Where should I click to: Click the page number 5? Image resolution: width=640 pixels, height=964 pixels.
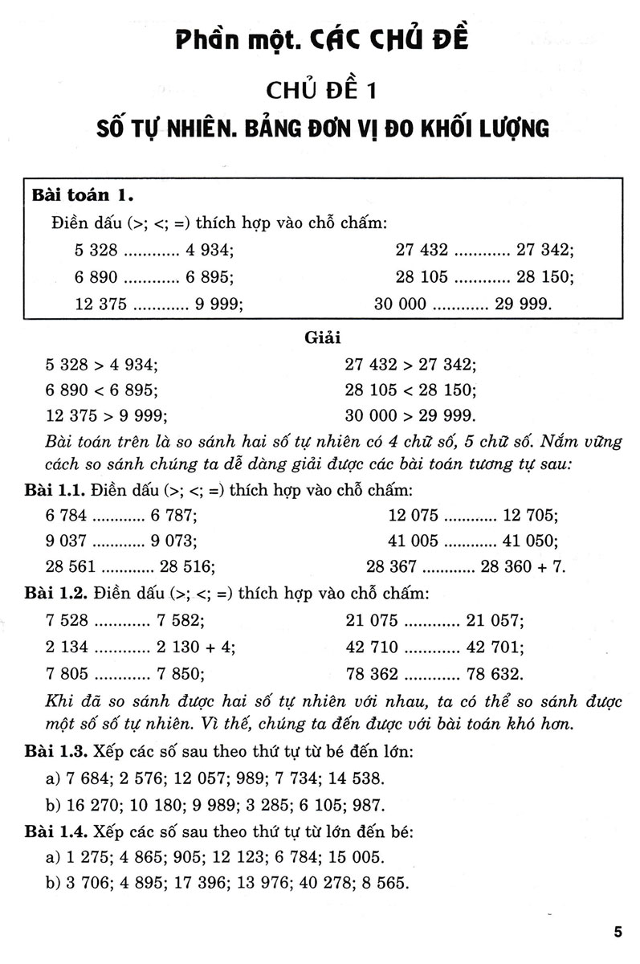tap(618, 932)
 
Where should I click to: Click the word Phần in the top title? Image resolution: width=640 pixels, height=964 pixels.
tap(211, 39)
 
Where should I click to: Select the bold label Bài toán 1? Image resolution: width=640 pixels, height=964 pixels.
tap(83, 194)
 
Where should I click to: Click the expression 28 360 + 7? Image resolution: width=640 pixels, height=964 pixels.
tap(523, 566)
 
